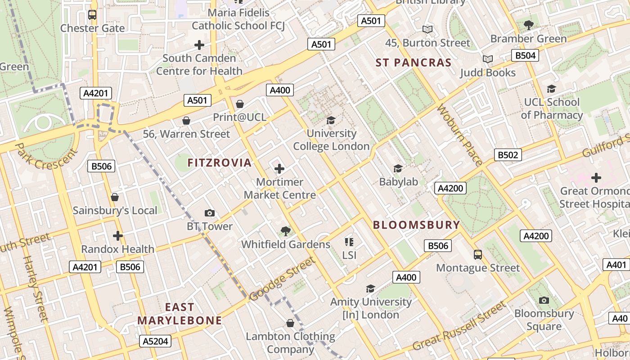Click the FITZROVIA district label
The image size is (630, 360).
coord(220,163)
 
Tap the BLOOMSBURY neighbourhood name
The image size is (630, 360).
coord(417,225)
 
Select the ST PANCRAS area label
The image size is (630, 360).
coord(414,63)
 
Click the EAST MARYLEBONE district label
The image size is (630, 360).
coord(180,314)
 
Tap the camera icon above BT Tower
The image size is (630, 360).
coord(210,213)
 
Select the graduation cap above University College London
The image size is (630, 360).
coord(331,120)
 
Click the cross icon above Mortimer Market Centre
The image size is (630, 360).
coord(279,169)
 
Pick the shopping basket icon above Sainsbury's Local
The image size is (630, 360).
coord(115,198)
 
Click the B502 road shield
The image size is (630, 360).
coord(508,155)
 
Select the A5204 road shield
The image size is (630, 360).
coord(155,341)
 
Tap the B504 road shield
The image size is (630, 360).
coord(525,55)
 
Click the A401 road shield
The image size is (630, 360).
coord(616,265)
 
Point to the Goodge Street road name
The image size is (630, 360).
coord(282,279)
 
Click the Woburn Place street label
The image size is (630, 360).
coord(459,135)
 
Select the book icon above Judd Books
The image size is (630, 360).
coord(488,59)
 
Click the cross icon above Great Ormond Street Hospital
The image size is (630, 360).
coord(596,178)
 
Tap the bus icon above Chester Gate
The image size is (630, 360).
coord(92,15)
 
